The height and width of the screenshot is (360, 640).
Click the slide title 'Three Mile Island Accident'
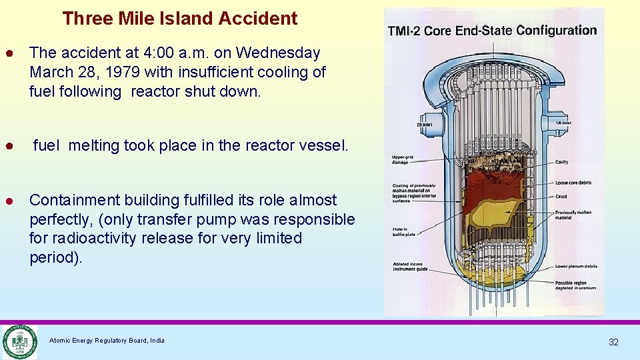(x=180, y=19)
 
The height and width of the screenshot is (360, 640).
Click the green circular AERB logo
(x=19, y=341)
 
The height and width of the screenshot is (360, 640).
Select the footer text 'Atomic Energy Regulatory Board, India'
(x=107, y=341)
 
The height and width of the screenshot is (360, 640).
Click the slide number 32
(x=613, y=342)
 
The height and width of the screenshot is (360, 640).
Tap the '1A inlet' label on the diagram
(x=565, y=123)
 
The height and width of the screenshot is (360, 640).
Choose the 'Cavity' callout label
(x=562, y=162)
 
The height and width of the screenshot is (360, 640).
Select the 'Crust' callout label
(x=561, y=196)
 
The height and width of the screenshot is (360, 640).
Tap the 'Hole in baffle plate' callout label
(x=404, y=231)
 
